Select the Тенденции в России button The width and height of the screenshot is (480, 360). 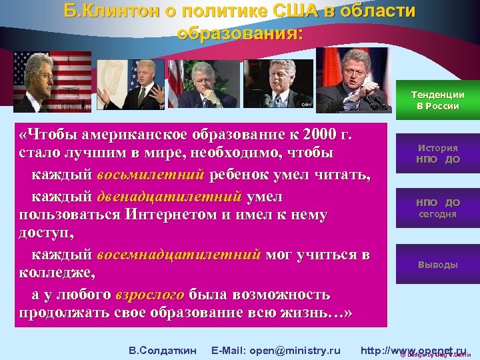[437, 100]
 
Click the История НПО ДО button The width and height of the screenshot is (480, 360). [437, 154]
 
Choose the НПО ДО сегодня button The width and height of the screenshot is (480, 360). [437, 208]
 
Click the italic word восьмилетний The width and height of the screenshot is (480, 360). [150, 175]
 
